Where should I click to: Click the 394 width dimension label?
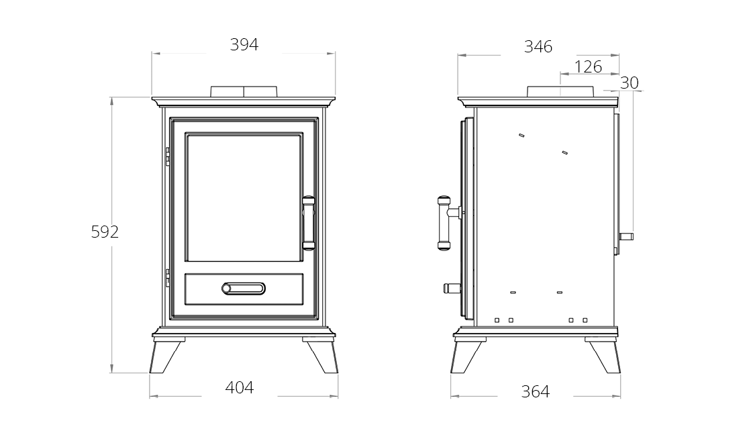(244, 45)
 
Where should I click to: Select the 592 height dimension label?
(105, 232)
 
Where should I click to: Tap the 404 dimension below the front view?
(240, 387)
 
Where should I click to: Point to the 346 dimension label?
(538, 47)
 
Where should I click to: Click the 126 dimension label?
(588, 66)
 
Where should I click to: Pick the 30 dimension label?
(630, 83)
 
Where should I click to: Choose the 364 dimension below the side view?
(535, 391)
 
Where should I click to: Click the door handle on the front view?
(308, 223)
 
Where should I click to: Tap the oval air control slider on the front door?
(243, 289)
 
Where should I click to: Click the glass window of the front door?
(244, 198)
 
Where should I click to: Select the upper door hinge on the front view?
(168, 156)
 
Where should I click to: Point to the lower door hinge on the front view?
(168, 278)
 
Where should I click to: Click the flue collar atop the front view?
(244, 91)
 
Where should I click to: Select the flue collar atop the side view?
(560, 91)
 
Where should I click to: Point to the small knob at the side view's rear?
(626, 236)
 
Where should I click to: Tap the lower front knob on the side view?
(452, 289)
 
